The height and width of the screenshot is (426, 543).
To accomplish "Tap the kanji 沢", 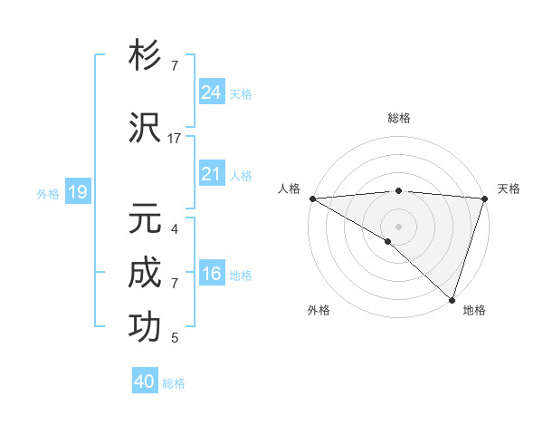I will [x=146, y=127].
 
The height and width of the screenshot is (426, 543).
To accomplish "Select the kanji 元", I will [x=146, y=218].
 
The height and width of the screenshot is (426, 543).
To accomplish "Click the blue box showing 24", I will [x=212, y=92].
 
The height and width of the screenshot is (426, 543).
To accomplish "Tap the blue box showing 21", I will [x=212, y=175].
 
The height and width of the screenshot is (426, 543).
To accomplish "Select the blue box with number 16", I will [x=212, y=275].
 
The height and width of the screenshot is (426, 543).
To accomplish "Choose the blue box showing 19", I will [x=77, y=192].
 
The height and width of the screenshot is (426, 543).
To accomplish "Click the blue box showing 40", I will [x=145, y=382].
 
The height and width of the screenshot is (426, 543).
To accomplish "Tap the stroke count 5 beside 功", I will [x=175, y=338].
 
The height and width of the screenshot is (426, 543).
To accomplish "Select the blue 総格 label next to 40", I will [x=175, y=383].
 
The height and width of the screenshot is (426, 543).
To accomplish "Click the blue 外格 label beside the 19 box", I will [x=48, y=193].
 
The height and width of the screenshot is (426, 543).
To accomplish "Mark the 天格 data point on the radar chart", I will [x=484, y=198].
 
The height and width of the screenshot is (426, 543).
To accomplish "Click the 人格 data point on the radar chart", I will [x=312, y=198].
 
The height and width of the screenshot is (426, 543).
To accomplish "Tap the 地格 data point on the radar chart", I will [x=451, y=298].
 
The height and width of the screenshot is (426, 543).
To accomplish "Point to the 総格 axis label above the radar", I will [x=398, y=118].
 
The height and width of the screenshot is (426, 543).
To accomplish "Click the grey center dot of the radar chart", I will [x=398, y=225].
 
